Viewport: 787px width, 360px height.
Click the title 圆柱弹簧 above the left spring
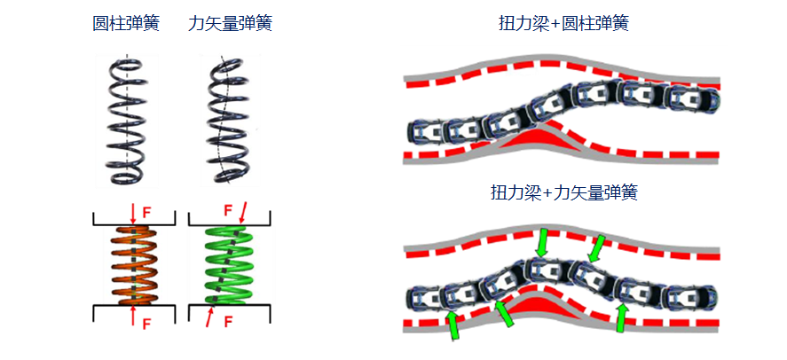[126, 24]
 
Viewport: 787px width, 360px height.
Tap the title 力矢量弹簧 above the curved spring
[230, 24]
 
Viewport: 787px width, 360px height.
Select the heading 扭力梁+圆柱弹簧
[564, 24]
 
